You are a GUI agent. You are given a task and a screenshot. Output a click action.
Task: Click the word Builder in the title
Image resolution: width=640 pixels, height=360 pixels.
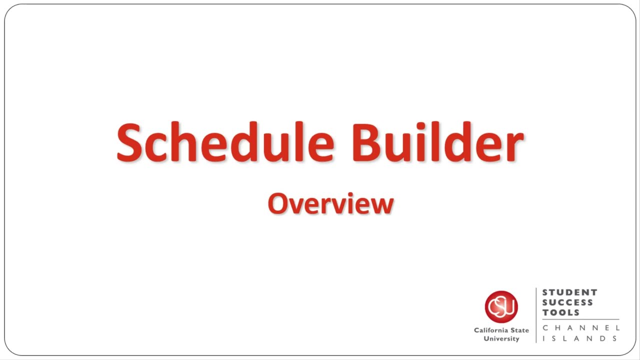[437, 142]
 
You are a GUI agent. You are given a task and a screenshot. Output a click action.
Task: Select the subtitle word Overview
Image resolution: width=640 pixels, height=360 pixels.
[330, 203]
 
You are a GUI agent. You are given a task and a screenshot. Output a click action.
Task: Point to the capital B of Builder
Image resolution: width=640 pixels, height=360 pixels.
[367, 143]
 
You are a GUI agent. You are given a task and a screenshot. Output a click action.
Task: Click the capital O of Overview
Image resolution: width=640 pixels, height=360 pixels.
[277, 203]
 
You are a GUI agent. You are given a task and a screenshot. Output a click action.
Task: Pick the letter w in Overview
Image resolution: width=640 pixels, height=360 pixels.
[382, 205]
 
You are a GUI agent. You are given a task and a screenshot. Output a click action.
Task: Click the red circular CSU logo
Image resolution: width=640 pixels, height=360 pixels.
[501, 307]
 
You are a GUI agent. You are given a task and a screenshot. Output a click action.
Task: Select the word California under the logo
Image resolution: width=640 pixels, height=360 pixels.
[490, 330]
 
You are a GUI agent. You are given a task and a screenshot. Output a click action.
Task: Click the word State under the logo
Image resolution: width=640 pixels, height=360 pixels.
[519, 330]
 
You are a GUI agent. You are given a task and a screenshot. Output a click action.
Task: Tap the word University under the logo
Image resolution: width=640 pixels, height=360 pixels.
[501, 339]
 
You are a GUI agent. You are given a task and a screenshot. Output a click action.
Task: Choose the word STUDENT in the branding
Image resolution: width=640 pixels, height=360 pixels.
[569, 292]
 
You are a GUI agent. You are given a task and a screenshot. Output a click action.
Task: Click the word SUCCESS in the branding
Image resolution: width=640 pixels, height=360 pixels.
[567, 302]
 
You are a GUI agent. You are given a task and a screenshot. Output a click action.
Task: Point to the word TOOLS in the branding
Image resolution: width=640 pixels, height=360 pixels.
[561, 312]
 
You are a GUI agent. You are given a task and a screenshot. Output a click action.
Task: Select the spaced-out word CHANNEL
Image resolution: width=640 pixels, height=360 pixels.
[581, 328]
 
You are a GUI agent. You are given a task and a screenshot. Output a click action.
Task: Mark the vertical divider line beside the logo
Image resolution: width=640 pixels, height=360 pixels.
[536, 315]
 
